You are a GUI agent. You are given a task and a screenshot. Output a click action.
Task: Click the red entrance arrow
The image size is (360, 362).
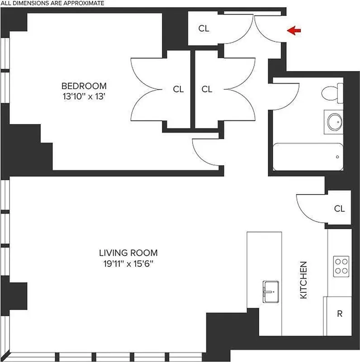pyautogui.click(x=294, y=31)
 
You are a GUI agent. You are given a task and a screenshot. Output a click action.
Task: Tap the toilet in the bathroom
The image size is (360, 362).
pyautogui.click(x=332, y=94)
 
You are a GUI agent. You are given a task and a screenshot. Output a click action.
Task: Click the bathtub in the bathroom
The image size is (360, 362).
pyautogui.click(x=308, y=157)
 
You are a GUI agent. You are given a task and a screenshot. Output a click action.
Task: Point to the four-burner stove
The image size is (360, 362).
pyautogui.click(x=341, y=267)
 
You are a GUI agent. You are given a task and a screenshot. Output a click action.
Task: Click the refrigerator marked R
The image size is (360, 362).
pyautogui.click(x=339, y=314)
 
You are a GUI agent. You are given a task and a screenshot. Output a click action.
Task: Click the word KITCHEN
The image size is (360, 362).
pyautogui.click(x=304, y=280)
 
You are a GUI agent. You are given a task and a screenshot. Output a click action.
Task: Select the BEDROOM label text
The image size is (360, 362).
pyautogui.click(x=84, y=86)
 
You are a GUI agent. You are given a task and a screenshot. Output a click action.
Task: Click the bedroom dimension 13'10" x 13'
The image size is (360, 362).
pyautogui.click(x=84, y=96)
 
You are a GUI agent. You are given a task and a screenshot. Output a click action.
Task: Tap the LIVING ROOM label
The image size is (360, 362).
pyautogui.click(x=128, y=253)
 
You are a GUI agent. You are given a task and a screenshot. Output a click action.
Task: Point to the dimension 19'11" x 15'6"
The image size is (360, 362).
pyautogui.click(x=128, y=264)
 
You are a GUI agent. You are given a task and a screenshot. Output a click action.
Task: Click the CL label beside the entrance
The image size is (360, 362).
pyautogui.click(x=204, y=29)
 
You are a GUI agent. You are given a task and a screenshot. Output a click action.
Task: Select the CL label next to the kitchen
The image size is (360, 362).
pyautogui.click(x=339, y=209)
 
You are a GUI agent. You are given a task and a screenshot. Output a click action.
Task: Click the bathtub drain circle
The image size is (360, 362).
pyautogui.click(x=337, y=157)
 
